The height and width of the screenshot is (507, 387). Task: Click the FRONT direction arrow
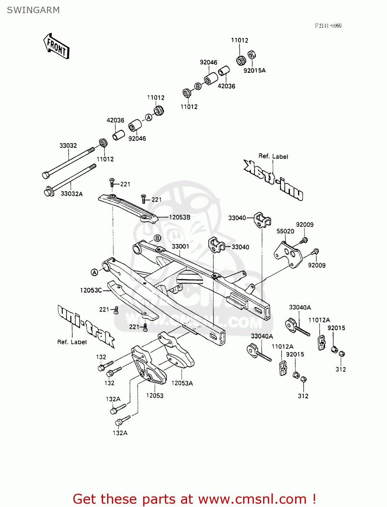[56, 47]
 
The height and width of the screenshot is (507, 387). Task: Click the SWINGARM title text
[33, 10]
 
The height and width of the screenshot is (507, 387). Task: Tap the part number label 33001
[180, 246]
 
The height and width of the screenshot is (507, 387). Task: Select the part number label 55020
[285, 231]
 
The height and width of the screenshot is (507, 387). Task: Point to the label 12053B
[180, 217]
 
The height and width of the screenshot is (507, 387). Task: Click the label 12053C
[91, 290]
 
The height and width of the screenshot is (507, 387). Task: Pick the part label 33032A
[72, 194]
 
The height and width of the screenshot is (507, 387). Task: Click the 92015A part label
[255, 70]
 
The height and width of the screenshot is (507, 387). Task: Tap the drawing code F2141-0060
[328, 26]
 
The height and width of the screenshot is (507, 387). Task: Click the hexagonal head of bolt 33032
[46, 175]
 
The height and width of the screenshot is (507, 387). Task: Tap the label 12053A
[182, 383]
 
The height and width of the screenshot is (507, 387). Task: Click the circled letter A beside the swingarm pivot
[94, 272]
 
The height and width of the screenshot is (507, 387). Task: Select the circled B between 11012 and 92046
[198, 86]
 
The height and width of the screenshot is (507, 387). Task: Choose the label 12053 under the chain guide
[155, 395]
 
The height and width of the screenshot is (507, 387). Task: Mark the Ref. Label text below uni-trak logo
[72, 342]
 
